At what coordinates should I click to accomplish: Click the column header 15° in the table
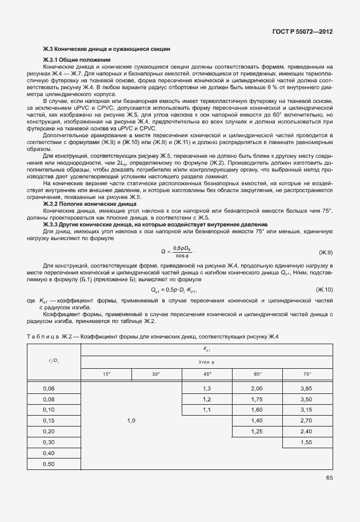tap(106, 373)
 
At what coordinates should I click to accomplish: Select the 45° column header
tap(206, 373)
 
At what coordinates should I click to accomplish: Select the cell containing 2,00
tap(257, 388)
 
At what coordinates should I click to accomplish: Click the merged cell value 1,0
tap(131, 420)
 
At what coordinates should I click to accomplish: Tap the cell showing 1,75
tap(257, 399)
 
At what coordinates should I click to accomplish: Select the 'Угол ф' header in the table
tap(206, 362)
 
